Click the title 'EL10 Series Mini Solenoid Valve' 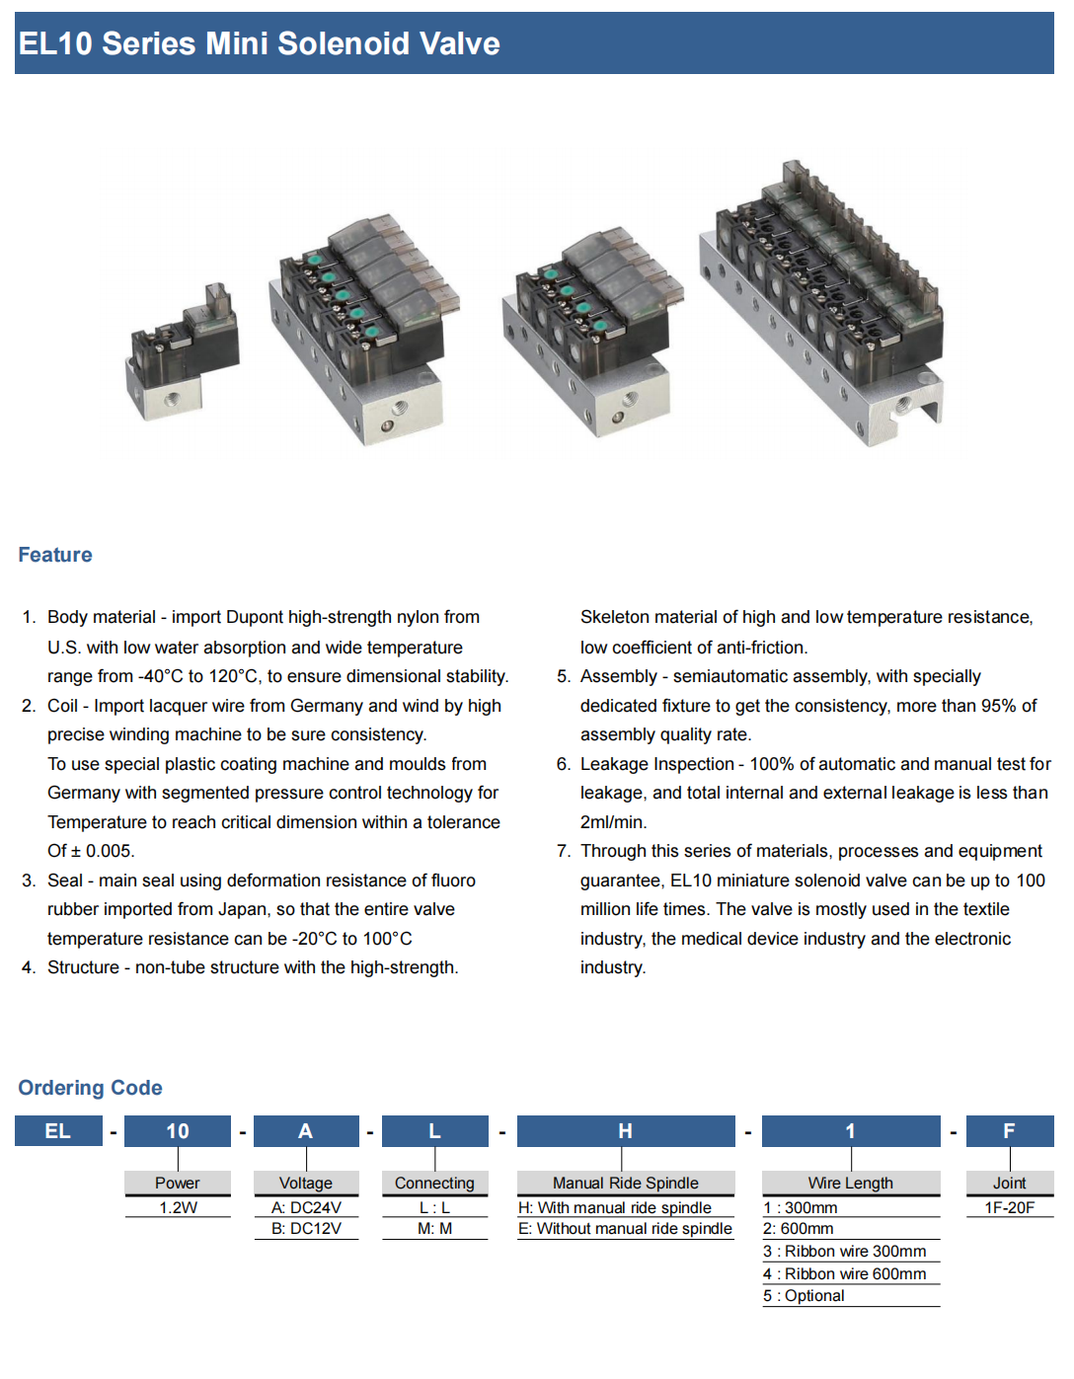pyautogui.click(x=259, y=43)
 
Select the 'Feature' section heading pyautogui.click(x=55, y=555)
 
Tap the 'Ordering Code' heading pyautogui.click(x=90, y=1088)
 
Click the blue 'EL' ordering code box pyautogui.click(x=58, y=1131)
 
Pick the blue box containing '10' pyautogui.click(x=178, y=1131)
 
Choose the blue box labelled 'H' pyautogui.click(x=626, y=1131)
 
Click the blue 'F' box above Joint pyautogui.click(x=1010, y=1131)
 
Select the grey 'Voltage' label pyautogui.click(x=306, y=1183)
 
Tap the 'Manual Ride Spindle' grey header pyautogui.click(x=626, y=1183)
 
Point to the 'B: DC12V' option pyautogui.click(x=306, y=1229)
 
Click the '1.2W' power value pyautogui.click(x=179, y=1207)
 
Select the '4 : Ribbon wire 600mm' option pyautogui.click(x=844, y=1273)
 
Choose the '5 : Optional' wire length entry pyautogui.click(x=804, y=1296)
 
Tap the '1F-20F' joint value pyautogui.click(x=1009, y=1207)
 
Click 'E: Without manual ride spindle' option pyautogui.click(x=625, y=1229)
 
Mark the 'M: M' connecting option pyautogui.click(x=434, y=1229)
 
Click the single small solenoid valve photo pyautogui.click(x=183, y=352)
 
